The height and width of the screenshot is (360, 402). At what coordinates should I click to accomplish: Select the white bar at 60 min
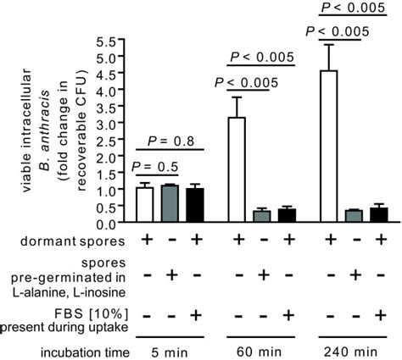[238, 170]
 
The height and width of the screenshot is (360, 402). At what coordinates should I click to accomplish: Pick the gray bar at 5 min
[170, 205]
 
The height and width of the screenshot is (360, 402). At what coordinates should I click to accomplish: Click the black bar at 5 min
[195, 206]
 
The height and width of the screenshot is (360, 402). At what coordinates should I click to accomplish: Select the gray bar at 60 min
[263, 218]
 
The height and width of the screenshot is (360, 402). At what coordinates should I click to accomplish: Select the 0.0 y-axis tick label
[107, 224]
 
